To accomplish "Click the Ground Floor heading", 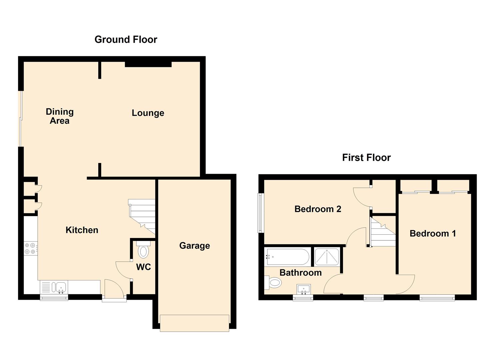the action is [x=126, y=40].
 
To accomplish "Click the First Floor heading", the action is [x=366, y=158].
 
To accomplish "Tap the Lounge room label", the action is [x=148, y=113].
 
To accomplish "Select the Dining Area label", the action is [x=60, y=116].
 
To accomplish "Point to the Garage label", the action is [x=194, y=246].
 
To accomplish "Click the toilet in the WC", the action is [x=143, y=250].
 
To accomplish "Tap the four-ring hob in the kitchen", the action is [x=30, y=249].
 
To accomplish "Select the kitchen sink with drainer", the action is [x=54, y=287].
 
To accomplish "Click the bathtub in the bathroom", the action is [x=288, y=257].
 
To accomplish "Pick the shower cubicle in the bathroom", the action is [x=327, y=257].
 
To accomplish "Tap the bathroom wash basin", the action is [x=304, y=289].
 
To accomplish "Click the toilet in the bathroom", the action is [x=273, y=282].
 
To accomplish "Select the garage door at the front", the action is [x=194, y=323].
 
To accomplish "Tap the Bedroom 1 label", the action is [x=433, y=234].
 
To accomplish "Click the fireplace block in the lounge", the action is [x=148, y=64].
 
